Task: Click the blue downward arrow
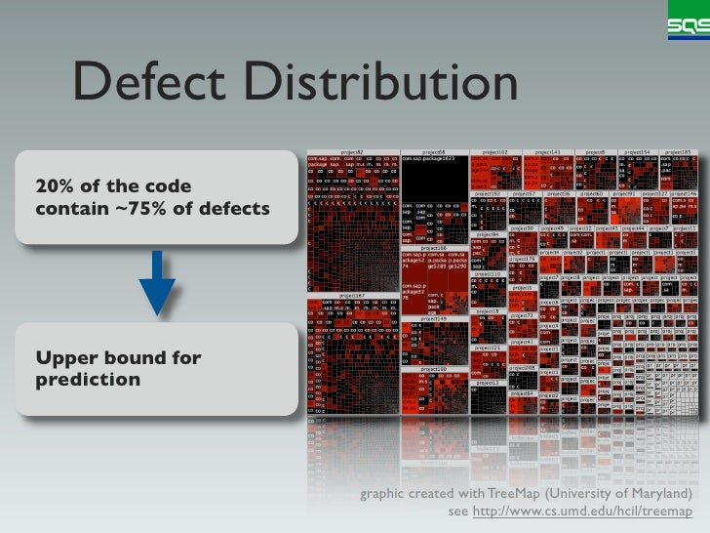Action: pyautogui.click(x=157, y=282)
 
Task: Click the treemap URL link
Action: pyautogui.click(x=582, y=512)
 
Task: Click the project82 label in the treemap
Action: pyautogui.click(x=352, y=152)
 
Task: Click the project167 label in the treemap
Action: pyautogui.click(x=352, y=294)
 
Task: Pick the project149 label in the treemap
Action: pyautogui.click(x=434, y=318)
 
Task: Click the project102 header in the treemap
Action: pyautogui.click(x=494, y=152)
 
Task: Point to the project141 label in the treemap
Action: pyautogui.click(x=548, y=152)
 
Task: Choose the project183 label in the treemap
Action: pyautogui.click(x=679, y=152)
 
